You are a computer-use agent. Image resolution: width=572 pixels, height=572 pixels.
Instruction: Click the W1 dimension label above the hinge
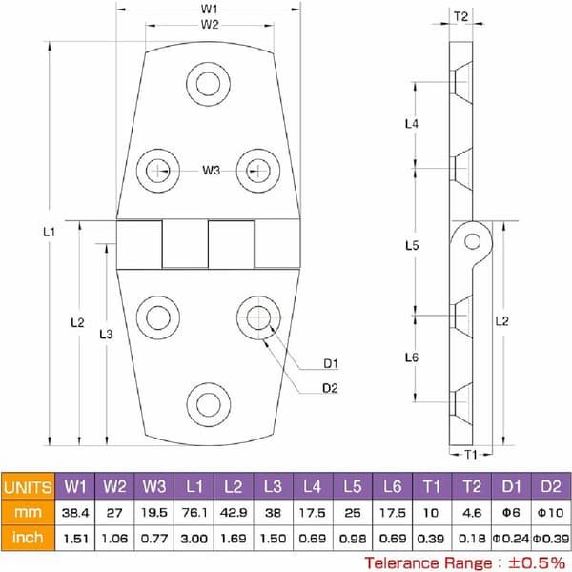[209, 9]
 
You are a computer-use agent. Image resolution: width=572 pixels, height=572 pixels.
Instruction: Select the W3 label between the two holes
[212, 170]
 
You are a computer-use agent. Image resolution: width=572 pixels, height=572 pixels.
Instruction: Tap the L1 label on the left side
[49, 232]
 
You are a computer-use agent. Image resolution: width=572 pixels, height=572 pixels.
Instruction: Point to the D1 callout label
[331, 363]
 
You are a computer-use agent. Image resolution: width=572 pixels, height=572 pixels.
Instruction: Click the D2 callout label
[330, 388]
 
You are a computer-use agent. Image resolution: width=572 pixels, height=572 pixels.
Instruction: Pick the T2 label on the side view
[460, 16]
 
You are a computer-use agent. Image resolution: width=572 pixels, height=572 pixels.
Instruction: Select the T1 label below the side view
[471, 455]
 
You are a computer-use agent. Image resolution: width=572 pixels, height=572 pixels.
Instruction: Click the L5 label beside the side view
[412, 246]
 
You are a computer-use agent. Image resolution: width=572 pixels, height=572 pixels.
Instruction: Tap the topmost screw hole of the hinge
[208, 84]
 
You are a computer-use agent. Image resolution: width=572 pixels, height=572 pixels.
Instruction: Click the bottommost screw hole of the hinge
[208, 404]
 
